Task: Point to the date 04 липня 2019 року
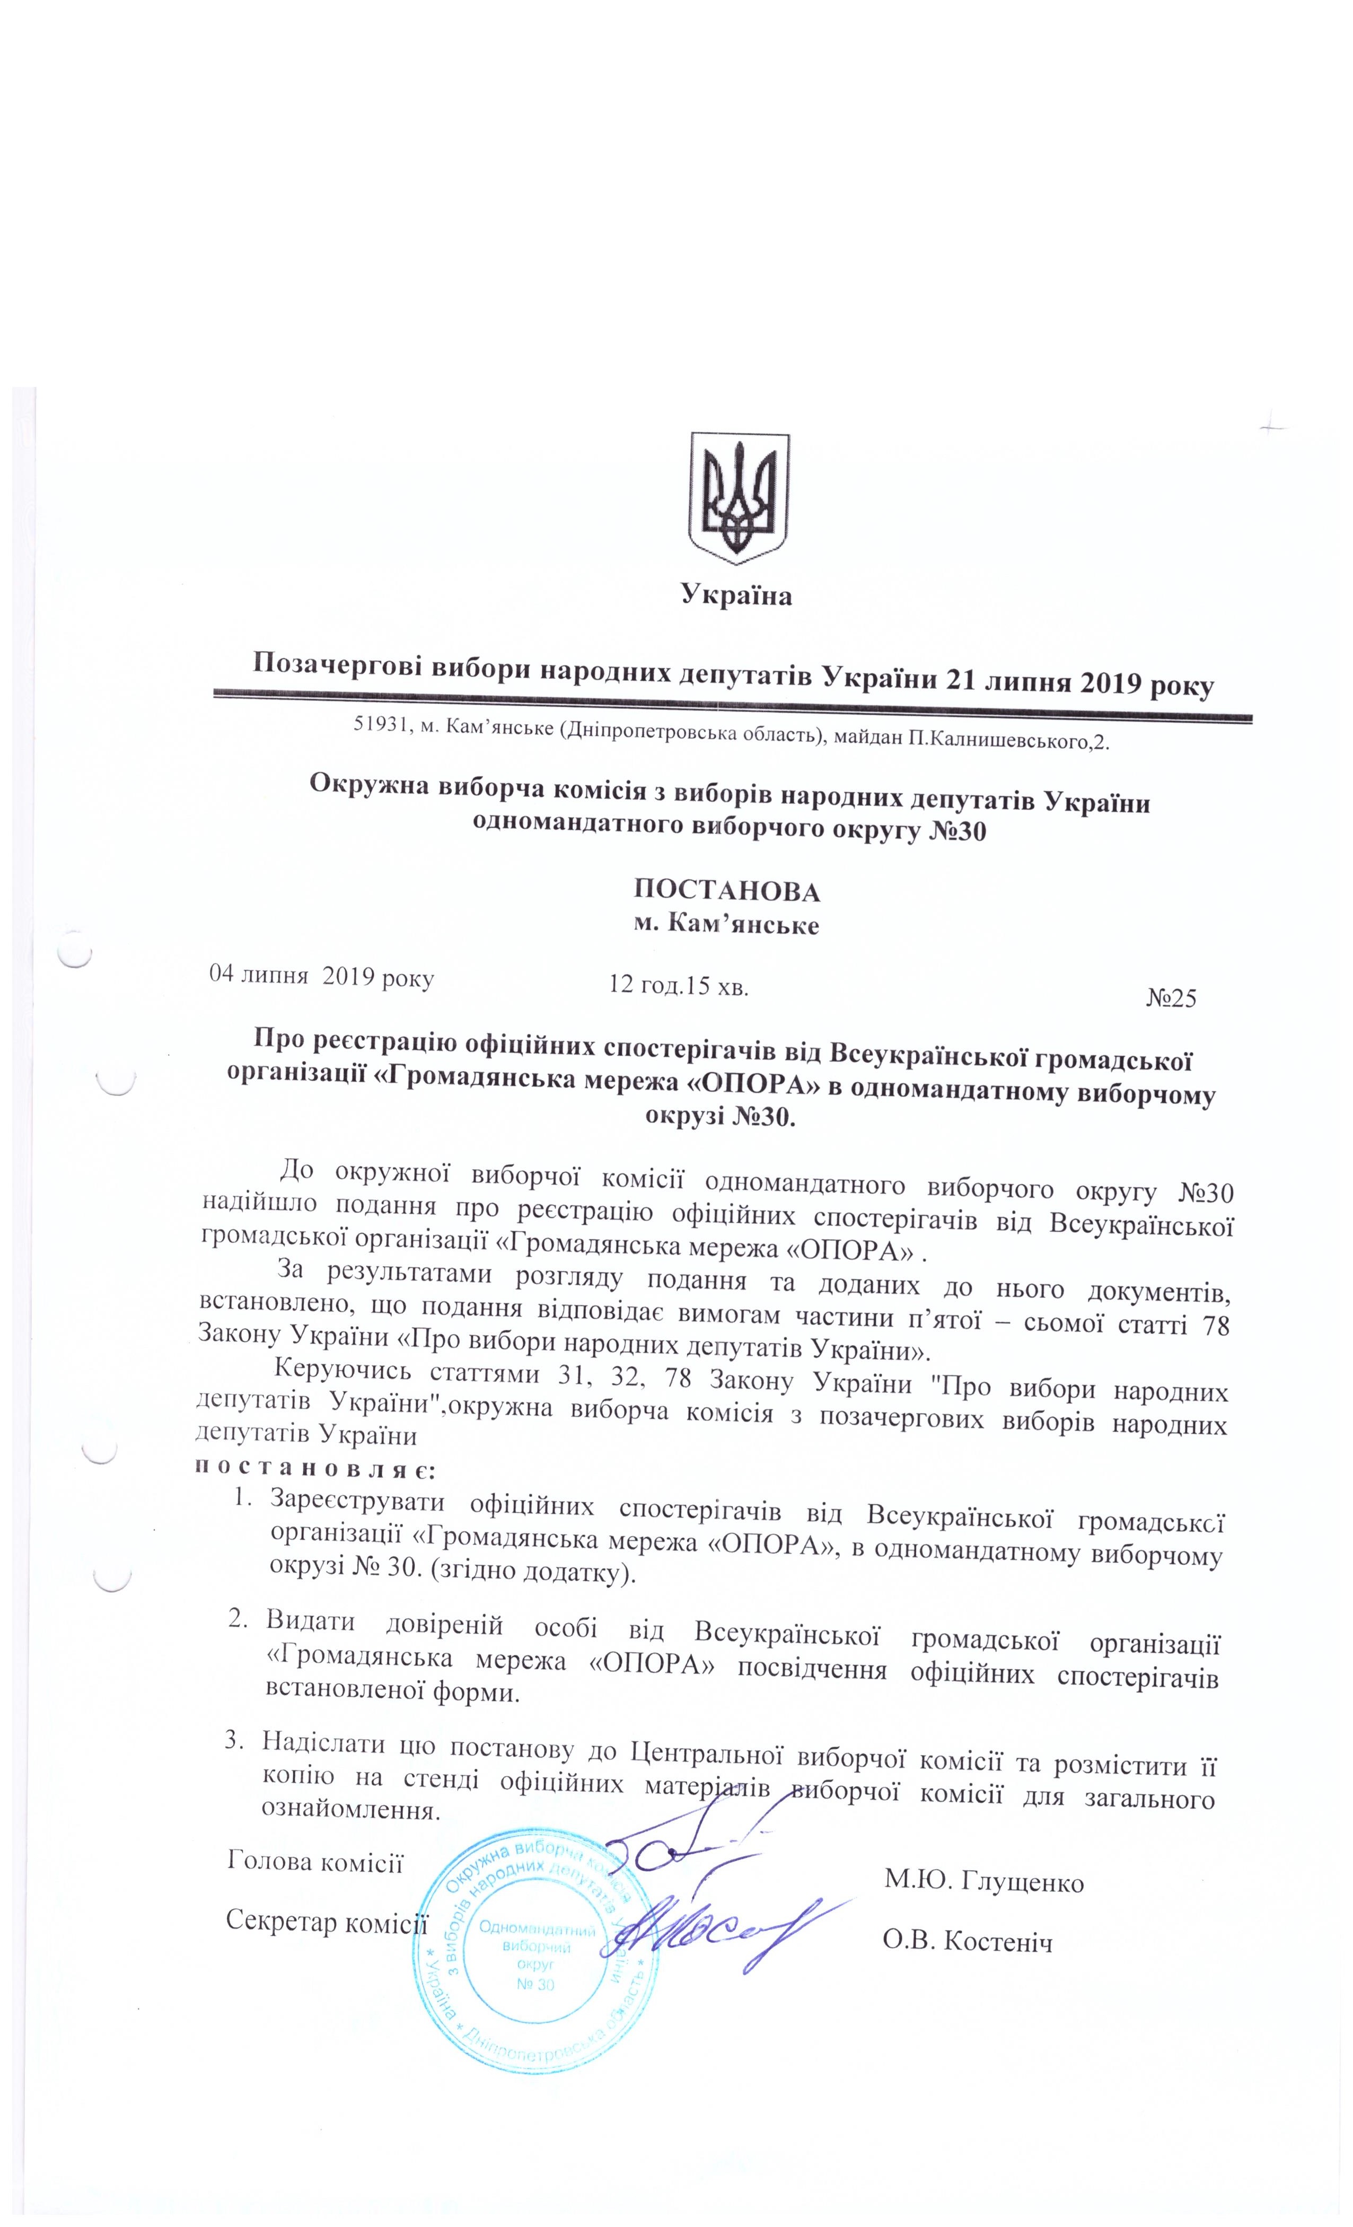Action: (x=321, y=976)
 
